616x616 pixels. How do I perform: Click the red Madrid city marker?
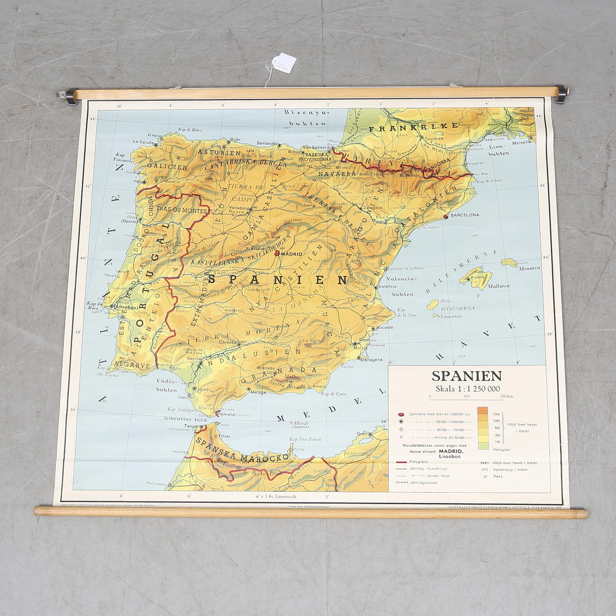(277, 254)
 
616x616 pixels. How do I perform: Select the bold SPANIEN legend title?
(460, 376)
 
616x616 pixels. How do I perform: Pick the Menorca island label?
(529, 268)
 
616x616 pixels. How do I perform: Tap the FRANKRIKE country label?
(414, 127)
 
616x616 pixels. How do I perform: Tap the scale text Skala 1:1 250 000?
(466, 388)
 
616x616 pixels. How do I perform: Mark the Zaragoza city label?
(372, 208)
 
